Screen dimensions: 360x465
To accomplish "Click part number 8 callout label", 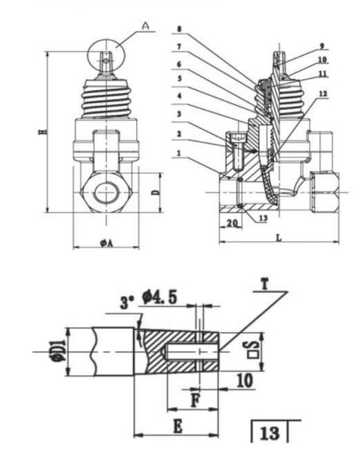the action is (x=179, y=29).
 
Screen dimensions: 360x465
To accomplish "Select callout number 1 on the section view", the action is (x=179, y=154).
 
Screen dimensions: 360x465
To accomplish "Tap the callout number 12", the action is (x=323, y=94).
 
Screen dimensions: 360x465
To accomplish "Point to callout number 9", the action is (x=322, y=46).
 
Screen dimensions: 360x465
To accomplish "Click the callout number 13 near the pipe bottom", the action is (x=264, y=218).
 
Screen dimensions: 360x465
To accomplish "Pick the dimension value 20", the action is (x=233, y=223).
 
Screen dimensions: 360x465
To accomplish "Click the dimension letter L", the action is (x=279, y=238).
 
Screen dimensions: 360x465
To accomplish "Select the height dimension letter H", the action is (x=42, y=131).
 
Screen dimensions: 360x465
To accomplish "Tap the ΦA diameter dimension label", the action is (x=107, y=244).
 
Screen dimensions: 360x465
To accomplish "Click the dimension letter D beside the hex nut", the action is (x=155, y=193).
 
